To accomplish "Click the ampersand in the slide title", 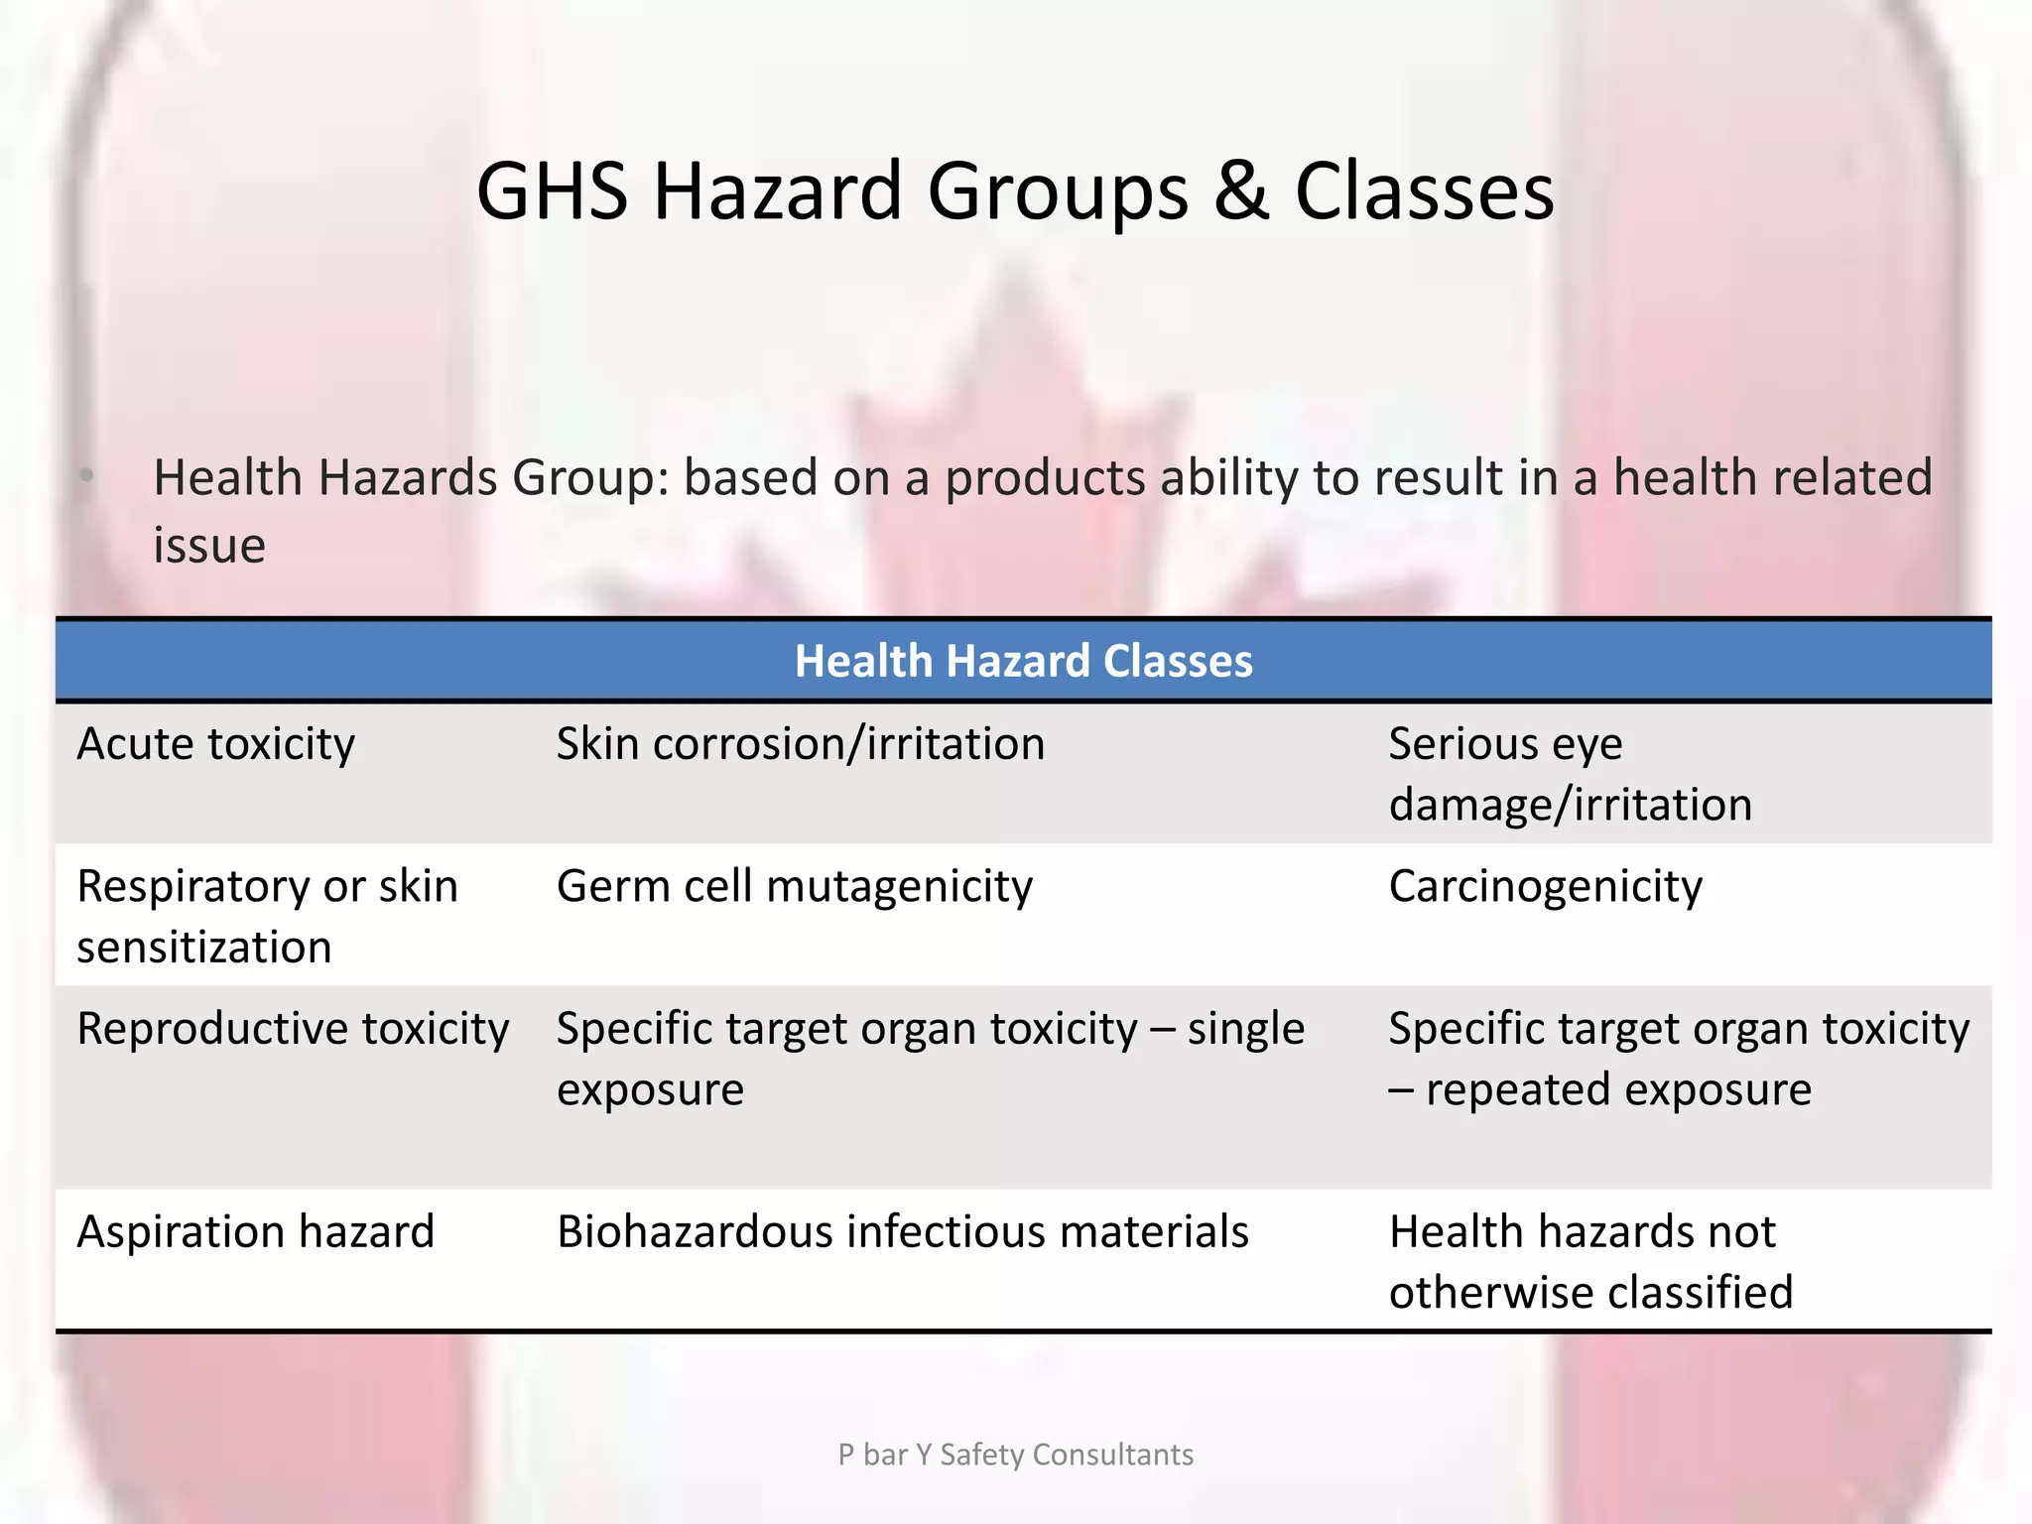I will click(1240, 190).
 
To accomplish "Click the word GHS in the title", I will click(552, 190).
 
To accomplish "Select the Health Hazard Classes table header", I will click(1023, 661).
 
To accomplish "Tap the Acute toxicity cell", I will click(215, 744).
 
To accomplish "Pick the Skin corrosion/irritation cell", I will click(800, 744).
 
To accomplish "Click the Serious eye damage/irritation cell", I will click(1570, 774).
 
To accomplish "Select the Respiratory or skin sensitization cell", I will click(267, 916).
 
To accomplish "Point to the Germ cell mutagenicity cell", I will click(794, 886).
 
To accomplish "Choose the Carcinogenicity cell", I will click(1545, 886).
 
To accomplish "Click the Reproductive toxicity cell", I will click(293, 1029).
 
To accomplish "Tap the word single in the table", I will click(1245, 1029).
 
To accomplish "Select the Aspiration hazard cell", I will click(255, 1232).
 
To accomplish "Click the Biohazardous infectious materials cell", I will click(902, 1232).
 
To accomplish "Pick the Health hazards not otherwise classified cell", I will click(1590, 1262).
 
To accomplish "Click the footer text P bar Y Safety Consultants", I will click(1015, 1455).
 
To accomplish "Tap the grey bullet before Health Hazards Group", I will click(87, 477).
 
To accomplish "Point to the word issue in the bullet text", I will click(209, 546).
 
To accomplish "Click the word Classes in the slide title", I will click(1424, 190).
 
